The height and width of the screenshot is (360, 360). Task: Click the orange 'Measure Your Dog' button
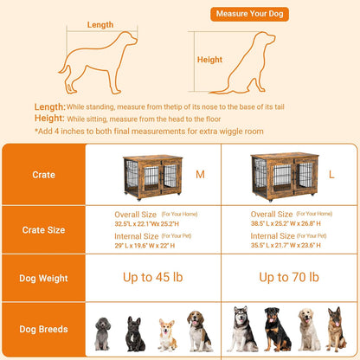coord(240,15)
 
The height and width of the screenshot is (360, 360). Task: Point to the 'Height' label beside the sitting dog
coord(209,60)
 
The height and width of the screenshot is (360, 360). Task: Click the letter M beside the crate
coord(201,174)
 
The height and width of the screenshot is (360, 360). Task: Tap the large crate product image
coord(282,177)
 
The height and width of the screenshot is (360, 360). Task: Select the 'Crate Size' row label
coord(42,230)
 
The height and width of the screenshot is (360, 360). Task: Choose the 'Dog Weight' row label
coord(42,279)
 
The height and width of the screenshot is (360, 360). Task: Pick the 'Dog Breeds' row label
coord(42,329)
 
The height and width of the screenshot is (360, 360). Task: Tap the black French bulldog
coord(135,334)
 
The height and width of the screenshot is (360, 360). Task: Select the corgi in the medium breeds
coord(166,335)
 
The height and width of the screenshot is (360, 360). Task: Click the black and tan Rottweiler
coord(277,331)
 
